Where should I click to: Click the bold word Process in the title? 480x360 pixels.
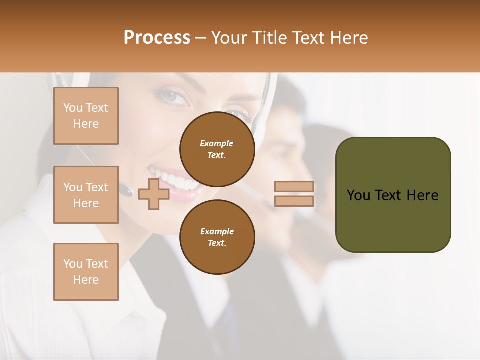pos(157,38)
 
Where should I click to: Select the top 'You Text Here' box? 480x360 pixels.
pos(86,116)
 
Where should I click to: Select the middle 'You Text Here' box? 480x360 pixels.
pos(86,195)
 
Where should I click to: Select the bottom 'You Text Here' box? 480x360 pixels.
pos(86,272)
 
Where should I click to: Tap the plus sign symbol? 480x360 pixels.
pos(153,194)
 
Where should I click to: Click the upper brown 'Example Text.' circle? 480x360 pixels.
pos(217,149)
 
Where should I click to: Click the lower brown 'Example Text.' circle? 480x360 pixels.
pos(217,237)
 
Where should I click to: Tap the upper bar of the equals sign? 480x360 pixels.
pos(294,187)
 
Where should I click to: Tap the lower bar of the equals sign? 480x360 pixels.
pos(294,201)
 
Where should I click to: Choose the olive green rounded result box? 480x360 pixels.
pos(393,195)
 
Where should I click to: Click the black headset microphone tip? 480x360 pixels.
pos(125,190)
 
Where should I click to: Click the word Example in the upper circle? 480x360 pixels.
pos(217,143)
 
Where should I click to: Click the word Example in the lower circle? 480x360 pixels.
pos(217,231)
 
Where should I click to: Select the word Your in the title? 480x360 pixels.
pos(229,38)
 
